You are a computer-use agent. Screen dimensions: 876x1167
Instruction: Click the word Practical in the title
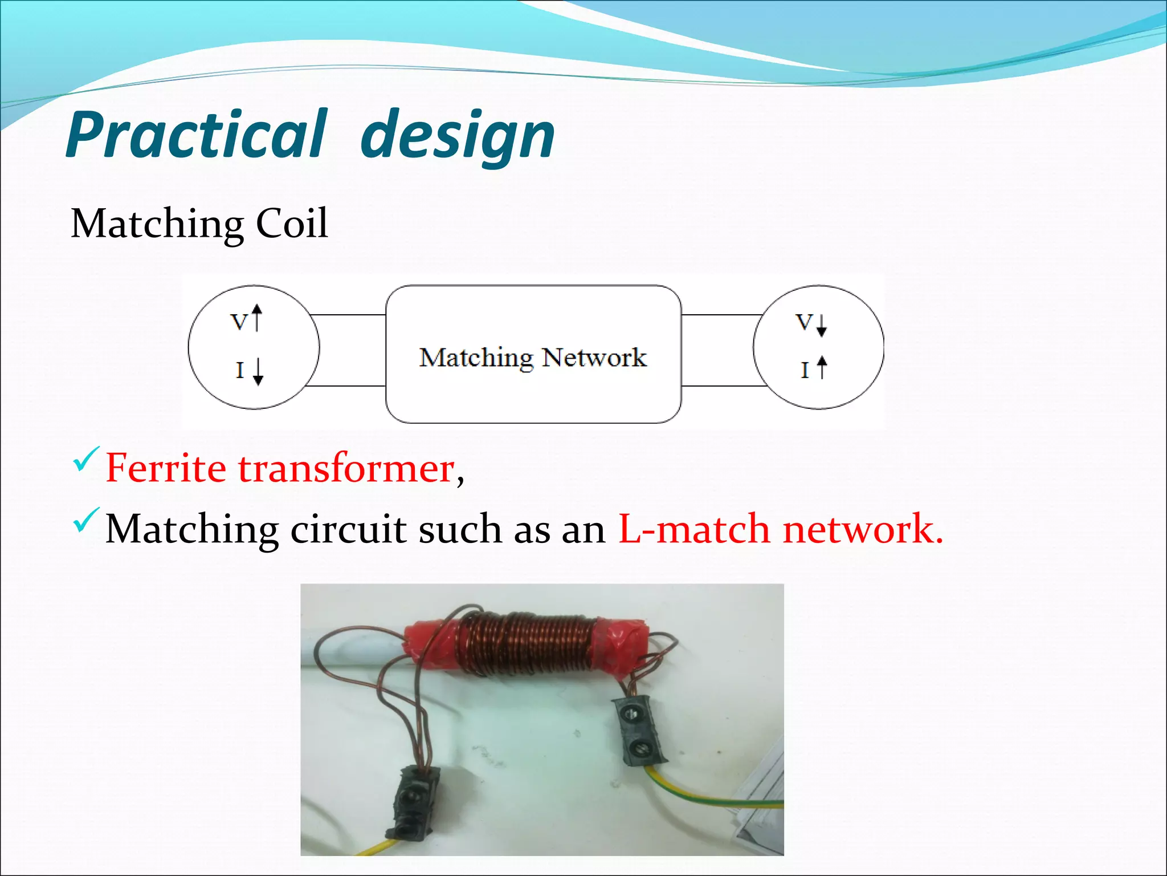(197, 135)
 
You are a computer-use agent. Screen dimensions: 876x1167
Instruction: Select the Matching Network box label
(533, 358)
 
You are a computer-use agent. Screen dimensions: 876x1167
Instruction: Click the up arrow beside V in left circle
(257, 318)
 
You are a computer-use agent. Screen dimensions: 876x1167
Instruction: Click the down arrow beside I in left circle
(258, 371)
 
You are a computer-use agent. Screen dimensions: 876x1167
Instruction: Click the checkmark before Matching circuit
(86, 520)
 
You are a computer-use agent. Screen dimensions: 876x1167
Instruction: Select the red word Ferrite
(166, 469)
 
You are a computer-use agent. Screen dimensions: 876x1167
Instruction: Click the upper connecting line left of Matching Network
(349, 315)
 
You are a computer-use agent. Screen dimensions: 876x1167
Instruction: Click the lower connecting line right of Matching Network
(724, 386)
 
